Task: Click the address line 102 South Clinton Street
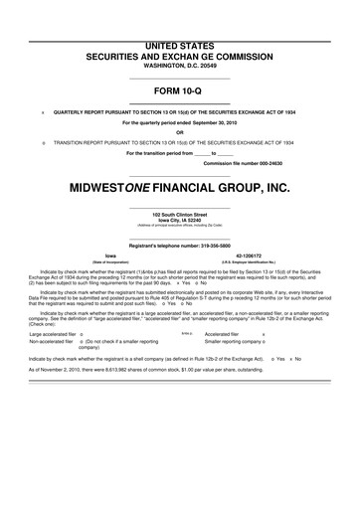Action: [x=180, y=215]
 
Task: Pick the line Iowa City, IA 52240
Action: [x=180, y=221]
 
